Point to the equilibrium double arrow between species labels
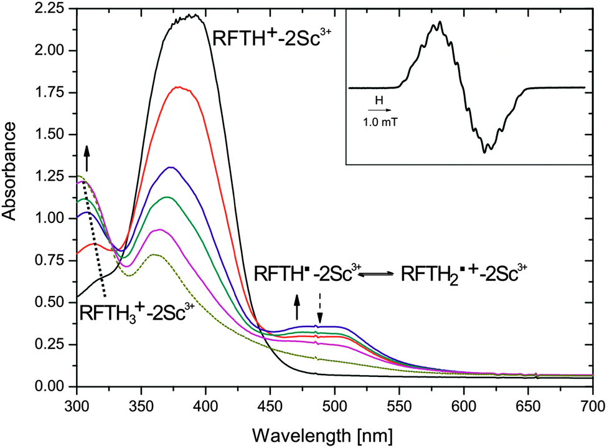click(376, 274)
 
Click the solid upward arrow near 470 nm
click(297, 307)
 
